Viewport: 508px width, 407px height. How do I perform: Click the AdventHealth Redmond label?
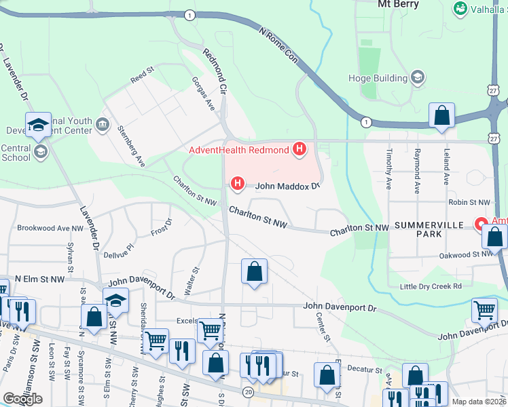(238, 149)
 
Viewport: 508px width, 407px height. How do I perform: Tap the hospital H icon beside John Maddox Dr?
(238, 182)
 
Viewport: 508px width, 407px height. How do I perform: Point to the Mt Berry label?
(397, 3)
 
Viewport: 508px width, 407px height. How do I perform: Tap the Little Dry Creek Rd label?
(431, 286)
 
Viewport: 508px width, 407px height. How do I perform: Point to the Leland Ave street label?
(446, 169)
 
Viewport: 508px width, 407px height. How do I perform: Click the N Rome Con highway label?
(279, 45)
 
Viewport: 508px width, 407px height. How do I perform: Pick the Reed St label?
(143, 75)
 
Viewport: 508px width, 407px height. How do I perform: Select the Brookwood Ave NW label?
(50, 228)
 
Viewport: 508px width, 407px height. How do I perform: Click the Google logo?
(22, 399)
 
